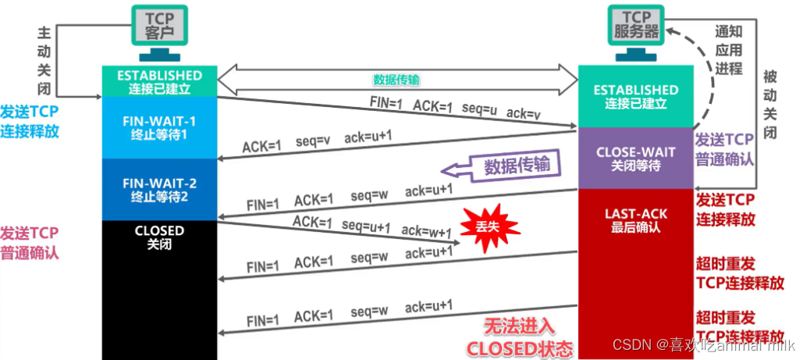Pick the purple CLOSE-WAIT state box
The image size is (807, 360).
pyautogui.click(x=635, y=159)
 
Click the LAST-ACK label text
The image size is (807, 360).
pyautogui.click(x=635, y=213)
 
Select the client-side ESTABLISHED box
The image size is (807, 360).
pyautogui.click(x=159, y=82)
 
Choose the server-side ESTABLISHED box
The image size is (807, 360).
pyautogui.click(x=635, y=96)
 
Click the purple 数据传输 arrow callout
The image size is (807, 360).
pyautogui.click(x=503, y=166)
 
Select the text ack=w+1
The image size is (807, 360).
pyautogui.click(x=427, y=232)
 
